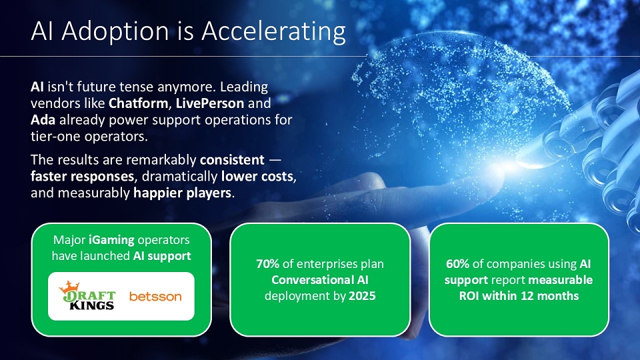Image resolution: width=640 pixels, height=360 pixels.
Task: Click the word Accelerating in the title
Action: point(273,32)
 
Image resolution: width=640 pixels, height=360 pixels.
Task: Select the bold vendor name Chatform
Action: point(138,103)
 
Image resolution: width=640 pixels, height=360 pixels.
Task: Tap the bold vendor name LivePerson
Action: point(210,103)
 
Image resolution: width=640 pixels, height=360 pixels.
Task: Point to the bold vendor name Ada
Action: point(43,120)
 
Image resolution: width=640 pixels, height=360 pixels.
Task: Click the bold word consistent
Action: point(232,159)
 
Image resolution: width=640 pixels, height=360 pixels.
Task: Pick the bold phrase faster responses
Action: point(83,177)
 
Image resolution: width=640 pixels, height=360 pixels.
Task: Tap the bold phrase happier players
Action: point(183,193)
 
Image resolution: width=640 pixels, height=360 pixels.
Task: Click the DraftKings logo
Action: point(87,295)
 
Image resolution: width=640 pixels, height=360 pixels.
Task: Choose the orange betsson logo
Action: point(155,296)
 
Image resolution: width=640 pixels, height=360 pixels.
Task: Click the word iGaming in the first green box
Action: point(111,240)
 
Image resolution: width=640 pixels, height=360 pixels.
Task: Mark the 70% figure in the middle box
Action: point(268,264)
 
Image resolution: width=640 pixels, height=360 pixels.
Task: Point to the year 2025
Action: point(362,296)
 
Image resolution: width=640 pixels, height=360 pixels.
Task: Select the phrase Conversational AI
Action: point(320,280)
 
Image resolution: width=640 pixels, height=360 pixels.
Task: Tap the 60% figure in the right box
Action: point(457,264)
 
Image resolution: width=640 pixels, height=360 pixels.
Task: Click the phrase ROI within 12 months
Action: point(519,296)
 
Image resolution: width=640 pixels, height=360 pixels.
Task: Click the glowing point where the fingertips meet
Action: point(505,166)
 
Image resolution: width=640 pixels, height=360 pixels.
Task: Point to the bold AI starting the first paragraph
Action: point(37,87)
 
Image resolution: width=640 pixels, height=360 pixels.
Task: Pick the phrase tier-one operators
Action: point(89,137)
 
